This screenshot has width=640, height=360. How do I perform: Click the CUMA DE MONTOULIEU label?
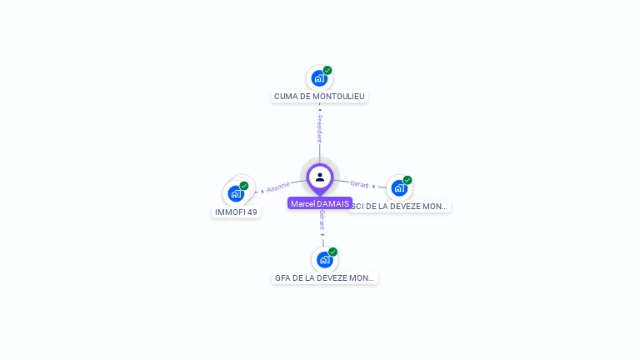coord(319,97)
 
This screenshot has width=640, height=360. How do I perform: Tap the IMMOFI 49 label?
coord(237,212)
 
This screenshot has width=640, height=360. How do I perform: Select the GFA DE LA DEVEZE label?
coord(324,278)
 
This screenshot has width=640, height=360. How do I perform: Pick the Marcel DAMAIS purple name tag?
coord(320,203)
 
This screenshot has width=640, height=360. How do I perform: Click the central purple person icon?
coord(320,177)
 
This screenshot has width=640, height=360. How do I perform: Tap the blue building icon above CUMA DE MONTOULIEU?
coord(318,78)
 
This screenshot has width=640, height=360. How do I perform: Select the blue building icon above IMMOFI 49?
coord(236,193)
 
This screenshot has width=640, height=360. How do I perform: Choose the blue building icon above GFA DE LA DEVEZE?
coord(324,259)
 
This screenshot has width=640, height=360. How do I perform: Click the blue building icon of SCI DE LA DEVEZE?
coord(398,187)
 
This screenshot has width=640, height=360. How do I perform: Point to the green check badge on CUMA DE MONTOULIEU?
coord(327,70)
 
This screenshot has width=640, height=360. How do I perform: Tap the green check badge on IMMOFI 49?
coord(244,186)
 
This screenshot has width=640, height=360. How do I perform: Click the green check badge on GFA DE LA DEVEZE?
coord(332,252)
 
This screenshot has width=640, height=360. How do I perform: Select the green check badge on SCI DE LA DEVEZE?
coord(407,180)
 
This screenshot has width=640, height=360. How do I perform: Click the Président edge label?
coord(319,128)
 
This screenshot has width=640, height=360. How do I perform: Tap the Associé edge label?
coord(278,187)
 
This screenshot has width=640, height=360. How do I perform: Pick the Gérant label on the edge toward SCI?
coord(359,184)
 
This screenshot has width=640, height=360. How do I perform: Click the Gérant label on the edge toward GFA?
coord(322,220)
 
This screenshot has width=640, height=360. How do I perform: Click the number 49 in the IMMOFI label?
coord(252,212)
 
